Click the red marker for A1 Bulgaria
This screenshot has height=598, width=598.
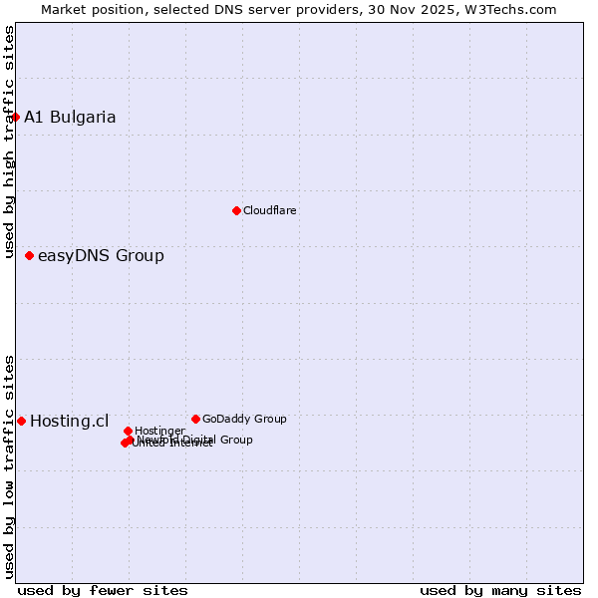(15, 117)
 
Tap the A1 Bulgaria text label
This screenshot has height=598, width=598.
(70, 118)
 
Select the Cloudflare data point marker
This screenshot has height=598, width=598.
(236, 210)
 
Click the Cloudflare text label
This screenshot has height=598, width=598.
(270, 210)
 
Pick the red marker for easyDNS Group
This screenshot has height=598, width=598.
(29, 256)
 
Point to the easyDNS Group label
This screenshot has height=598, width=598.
(101, 256)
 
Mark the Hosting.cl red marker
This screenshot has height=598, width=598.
(21, 422)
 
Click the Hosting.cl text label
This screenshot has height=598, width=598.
(69, 422)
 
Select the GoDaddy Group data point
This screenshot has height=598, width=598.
(195, 419)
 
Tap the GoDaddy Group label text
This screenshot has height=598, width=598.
(244, 420)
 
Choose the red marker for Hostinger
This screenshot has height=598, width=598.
(128, 431)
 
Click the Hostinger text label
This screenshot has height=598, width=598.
(159, 431)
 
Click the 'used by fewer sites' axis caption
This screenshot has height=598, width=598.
(103, 590)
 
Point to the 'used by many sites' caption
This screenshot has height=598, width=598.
(500, 590)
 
